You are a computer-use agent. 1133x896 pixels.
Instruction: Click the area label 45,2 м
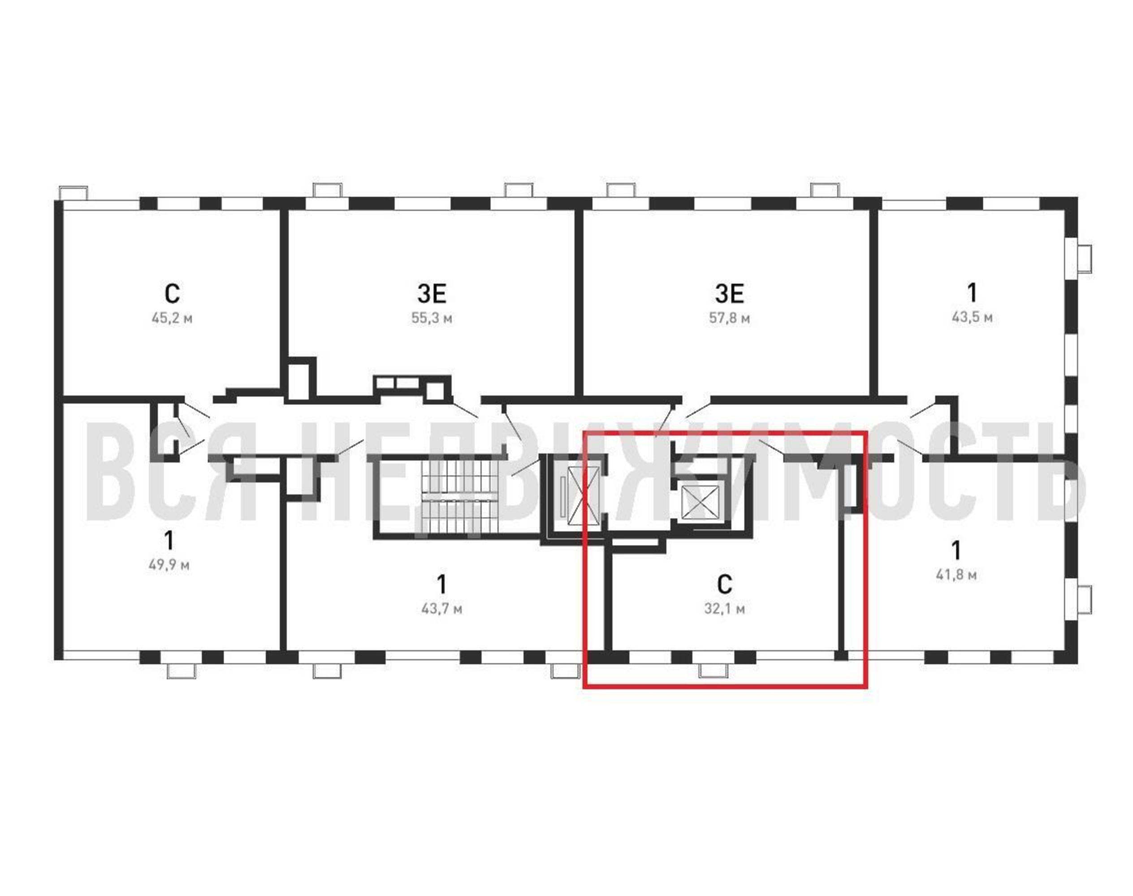click(x=172, y=319)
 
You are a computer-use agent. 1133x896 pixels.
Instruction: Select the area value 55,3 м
click(x=431, y=319)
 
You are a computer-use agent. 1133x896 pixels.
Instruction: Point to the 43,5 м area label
click(x=972, y=317)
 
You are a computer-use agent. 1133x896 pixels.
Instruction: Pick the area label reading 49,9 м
click(x=169, y=565)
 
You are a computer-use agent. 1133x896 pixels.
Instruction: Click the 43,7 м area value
click(x=442, y=608)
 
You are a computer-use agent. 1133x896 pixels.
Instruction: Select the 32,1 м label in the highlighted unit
click(x=724, y=608)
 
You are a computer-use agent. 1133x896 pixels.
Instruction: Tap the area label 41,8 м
click(x=956, y=575)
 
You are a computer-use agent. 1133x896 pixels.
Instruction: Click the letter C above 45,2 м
click(x=172, y=294)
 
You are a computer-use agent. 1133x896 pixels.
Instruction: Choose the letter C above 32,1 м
click(x=724, y=584)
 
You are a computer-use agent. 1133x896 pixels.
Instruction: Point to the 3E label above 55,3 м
click(x=431, y=294)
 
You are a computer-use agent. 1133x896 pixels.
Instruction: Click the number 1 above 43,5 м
click(x=973, y=293)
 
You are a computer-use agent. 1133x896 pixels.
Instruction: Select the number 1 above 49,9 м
click(x=169, y=540)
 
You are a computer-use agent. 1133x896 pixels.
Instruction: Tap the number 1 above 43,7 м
click(x=442, y=583)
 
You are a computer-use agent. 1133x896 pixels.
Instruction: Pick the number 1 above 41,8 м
click(x=956, y=550)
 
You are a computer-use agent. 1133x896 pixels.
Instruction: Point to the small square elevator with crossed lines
click(x=701, y=503)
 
